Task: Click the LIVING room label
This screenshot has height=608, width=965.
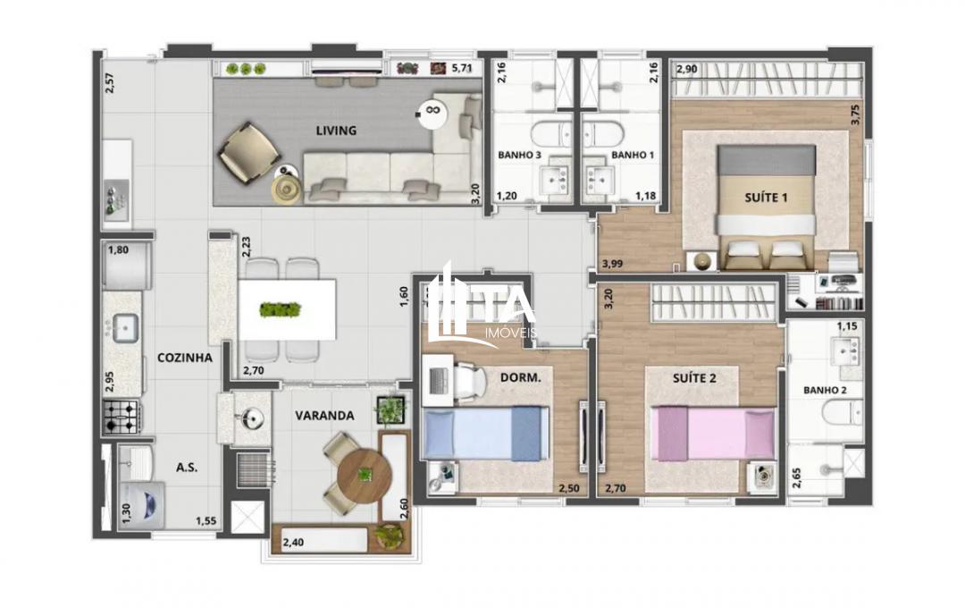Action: (336, 131)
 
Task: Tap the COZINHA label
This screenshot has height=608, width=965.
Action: (185, 358)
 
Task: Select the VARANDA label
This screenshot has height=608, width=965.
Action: (326, 416)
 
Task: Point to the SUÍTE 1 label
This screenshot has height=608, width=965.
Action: (766, 196)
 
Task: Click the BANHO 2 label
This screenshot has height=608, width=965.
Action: (825, 390)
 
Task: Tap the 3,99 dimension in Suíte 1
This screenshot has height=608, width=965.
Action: (613, 264)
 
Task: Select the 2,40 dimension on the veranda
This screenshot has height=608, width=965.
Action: (294, 542)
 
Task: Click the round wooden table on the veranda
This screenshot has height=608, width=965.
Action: (365, 473)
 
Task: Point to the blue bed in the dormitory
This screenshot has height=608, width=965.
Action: (483, 433)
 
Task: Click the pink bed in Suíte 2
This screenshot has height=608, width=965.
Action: (714, 432)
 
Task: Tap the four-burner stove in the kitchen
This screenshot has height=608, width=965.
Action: (122, 416)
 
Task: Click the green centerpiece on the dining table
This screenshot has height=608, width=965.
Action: (280, 309)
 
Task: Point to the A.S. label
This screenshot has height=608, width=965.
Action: (187, 468)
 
